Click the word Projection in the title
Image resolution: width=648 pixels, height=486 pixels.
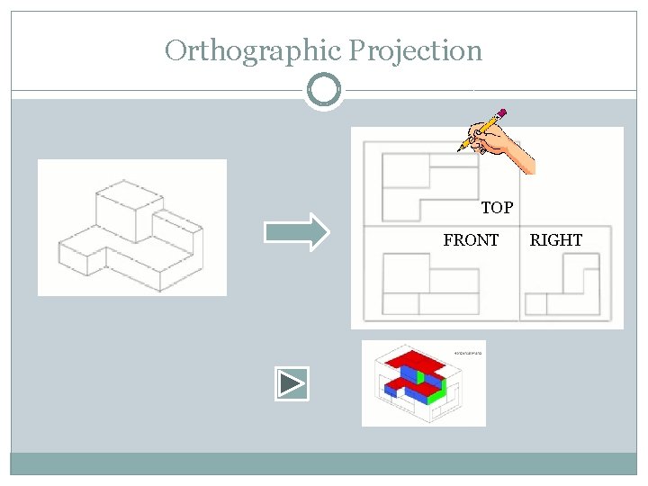(415, 50)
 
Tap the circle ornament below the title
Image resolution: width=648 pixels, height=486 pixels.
(324, 91)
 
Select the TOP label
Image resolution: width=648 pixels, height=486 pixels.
(497, 208)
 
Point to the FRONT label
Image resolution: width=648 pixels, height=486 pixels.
(471, 240)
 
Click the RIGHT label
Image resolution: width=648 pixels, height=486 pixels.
(555, 240)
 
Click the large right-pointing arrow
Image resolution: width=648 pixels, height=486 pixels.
(297, 232)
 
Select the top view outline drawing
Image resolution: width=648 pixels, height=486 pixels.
(428, 184)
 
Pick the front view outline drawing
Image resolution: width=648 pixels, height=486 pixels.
(428, 284)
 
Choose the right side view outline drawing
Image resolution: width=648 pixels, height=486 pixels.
(562, 284)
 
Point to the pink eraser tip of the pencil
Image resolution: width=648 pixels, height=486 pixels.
(501, 114)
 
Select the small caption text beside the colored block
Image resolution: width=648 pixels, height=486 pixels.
(468, 353)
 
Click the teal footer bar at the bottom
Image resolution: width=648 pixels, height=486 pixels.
(324, 463)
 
